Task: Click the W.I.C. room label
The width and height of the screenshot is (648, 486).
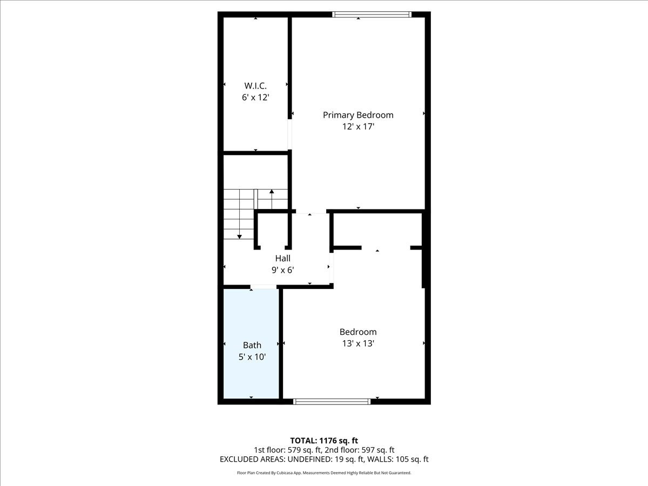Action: point(255,86)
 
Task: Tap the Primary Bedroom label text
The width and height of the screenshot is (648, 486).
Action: point(358,115)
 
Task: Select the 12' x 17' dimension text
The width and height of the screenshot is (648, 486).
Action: point(358,127)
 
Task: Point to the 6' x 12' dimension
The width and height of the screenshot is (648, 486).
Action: point(255,98)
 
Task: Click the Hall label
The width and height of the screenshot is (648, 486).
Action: point(282,259)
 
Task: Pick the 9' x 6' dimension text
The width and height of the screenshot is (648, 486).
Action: point(282,270)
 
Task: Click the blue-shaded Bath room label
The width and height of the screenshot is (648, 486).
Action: point(252,345)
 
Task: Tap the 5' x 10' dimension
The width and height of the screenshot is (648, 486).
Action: point(252,357)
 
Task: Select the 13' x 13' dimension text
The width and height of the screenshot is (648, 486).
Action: point(357,343)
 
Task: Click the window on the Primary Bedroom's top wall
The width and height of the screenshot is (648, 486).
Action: point(372,15)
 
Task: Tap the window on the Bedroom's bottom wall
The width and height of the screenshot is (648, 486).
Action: point(332,401)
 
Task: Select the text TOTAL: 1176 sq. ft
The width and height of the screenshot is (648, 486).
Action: point(324,441)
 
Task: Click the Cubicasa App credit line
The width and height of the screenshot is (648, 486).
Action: point(324,473)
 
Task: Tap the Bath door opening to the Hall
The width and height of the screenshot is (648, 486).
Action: point(264,287)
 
